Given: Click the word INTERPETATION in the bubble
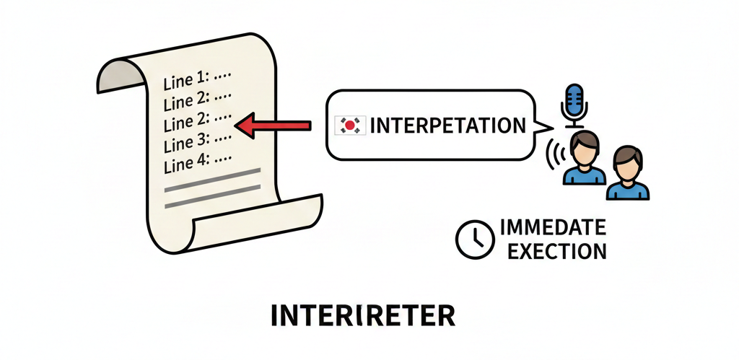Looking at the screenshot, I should click(447, 126).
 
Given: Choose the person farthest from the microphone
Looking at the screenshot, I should click(627, 174).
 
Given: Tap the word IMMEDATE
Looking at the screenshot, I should click(552, 229).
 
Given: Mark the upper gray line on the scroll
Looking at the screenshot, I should click(213, 174).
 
